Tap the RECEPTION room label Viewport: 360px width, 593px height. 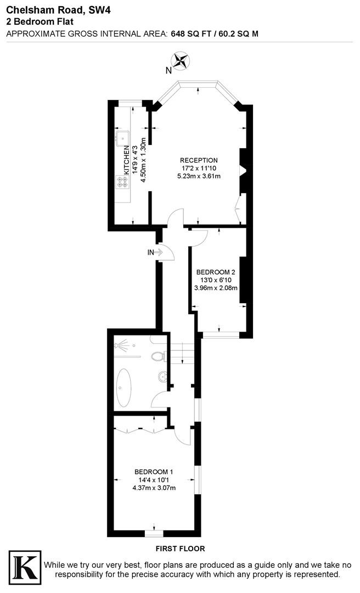pyautogui.click(x=199, y=160)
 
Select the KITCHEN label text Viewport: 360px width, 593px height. pyautogui.click(x=126, y=160)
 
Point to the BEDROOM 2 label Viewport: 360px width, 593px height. pyautogui.click(x=216, y=272)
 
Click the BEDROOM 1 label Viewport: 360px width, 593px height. pyautogui.click(x=154, y=472)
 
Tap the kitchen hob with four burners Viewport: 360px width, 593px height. pyautogui.click(x=122, y=182)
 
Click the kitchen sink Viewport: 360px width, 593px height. pyautogui.click(x=122, y=138)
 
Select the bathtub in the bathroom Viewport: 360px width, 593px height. pyautogui.click(x=123, y=387)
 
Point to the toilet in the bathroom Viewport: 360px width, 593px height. pyautogui.click(x=159, y=356)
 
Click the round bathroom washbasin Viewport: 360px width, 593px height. pyautogui.click(x=162, y=377)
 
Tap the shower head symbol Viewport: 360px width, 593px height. pyautogui.click(x=122, y=345)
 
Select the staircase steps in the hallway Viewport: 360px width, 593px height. pyautogui.click(x=183, y=352)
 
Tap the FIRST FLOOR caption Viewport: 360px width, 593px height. pyautogui.click(x=181, y=549)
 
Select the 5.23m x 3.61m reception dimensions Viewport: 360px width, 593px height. pyautogui.click(x=199, y=176)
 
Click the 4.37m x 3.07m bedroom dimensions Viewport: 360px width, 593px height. pyautogui.click(x=154, y=488)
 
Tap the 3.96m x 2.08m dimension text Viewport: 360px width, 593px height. pyautogui.click(x=216, y=288)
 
